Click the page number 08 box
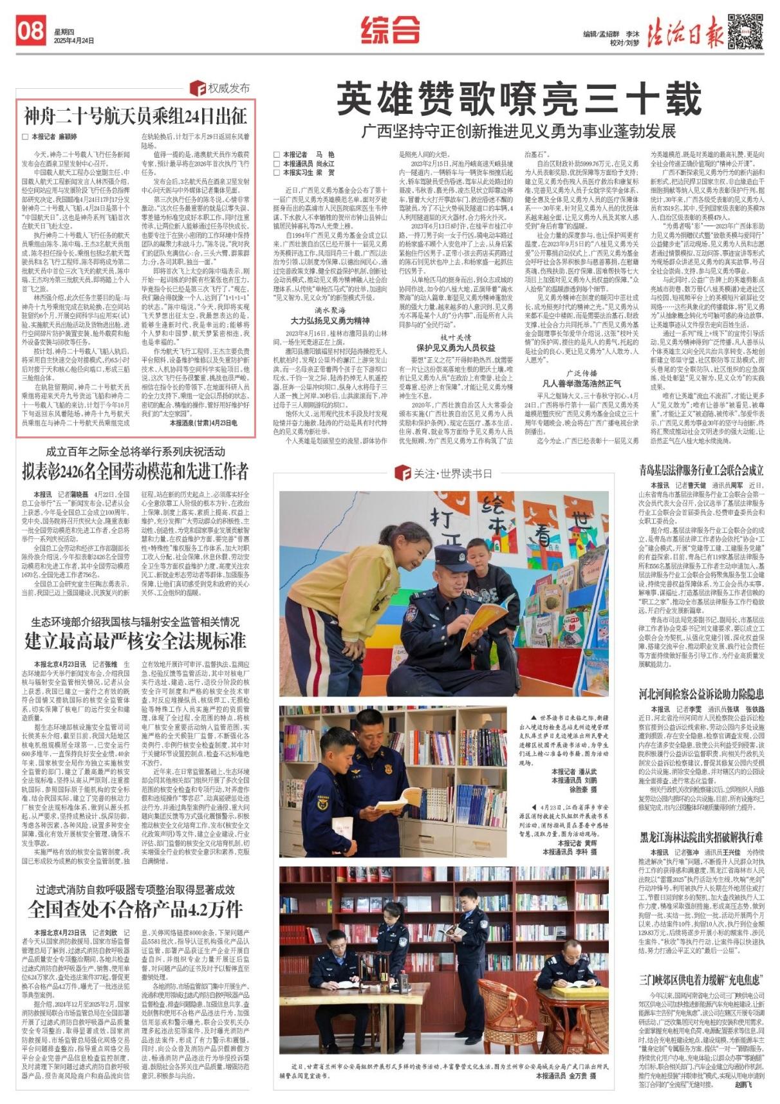(x=30, y=30)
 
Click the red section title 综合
(x=390, y=30)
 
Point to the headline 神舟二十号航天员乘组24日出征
(x=136, y=117)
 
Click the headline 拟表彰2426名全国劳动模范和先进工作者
(x=136, y=471)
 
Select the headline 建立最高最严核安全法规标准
(x=136, y=641)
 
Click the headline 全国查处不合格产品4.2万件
(x=136, y=908)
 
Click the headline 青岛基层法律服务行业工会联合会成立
(x=701, y=470)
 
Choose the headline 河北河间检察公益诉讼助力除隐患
(x=701, y=694)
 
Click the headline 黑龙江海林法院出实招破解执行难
(x=701, y=837)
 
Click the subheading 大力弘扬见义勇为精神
(x=330, y=320)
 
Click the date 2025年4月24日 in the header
(x=75, y=41)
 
